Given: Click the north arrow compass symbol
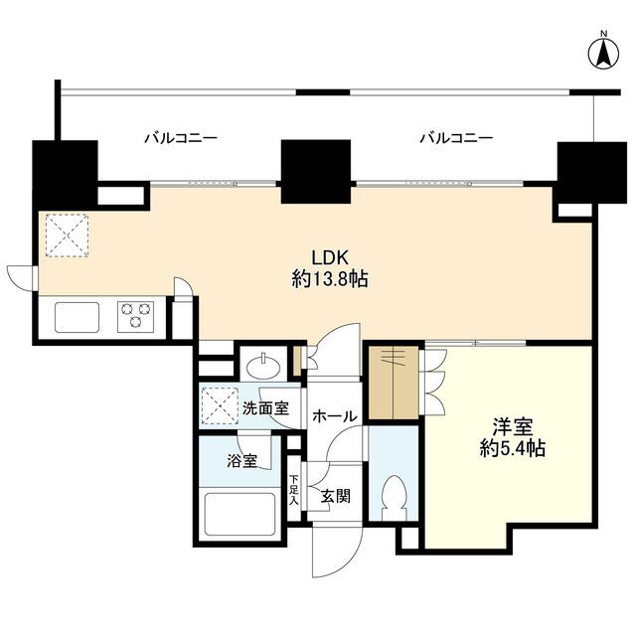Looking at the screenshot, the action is point(603,52).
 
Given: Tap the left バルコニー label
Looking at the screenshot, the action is point(181,138).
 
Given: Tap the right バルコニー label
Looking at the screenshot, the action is point(456,138).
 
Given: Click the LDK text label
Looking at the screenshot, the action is point(329,257).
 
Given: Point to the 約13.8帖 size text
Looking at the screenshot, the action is point(330,279).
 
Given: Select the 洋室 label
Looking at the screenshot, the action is point(513,426).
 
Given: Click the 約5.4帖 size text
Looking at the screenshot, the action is point(513,448).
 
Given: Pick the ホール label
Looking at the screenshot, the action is point(335,416).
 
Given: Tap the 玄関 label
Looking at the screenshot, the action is point(336,496).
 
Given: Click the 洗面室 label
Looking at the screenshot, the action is point(265,408).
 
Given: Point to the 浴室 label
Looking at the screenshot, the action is point(242,461).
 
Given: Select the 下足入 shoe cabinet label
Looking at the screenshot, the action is point(294,490).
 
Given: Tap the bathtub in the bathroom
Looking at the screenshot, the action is point(239,515).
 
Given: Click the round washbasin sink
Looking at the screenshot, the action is point(263,366).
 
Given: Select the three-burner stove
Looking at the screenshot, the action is point(135,316).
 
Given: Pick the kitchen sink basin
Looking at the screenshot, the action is point(78,317).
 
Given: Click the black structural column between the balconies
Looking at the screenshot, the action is point(316,172).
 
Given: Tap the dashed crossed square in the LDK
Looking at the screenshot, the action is point(67,236).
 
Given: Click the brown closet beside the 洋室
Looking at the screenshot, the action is point(394,383).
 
